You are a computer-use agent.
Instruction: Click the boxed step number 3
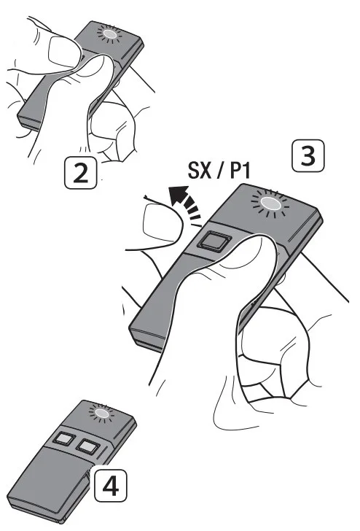pyautogui.click(x=308, y=156)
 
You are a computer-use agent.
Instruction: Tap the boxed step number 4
pyautogui.click(x=111, y=486)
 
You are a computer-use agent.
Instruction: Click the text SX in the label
pyautogui.click(x=199, y=170)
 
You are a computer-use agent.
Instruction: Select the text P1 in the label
pyautogui.click(x=240, y=170)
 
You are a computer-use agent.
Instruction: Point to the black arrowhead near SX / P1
pyautogui.click(x=179, y=194)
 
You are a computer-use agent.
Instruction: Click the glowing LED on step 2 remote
pyautogui.click(x=109, y=34)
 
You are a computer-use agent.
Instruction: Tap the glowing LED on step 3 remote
pyautogui.click(x=271, y=204)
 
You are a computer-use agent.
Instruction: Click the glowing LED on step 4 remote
pyautogui.click(x=101, y=414)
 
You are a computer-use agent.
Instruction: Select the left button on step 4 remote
pyautogui.click(x=63, y=438)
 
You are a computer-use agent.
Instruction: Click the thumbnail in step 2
pyautogui.click(x=65, y=52)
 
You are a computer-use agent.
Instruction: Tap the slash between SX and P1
pyautogui.click(x=220, y=170)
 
